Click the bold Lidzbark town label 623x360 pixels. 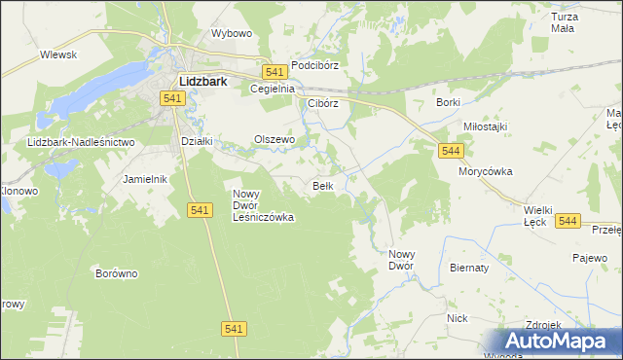pyautogui.click(x=202, y=83)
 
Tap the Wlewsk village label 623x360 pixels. pyautogui.click(x=58, y=55)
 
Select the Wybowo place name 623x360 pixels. pyautogui.click(x=232, y=33)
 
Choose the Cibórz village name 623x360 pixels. pyautogui.click(x=322, y=103)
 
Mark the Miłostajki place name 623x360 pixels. pyautogui.click(x=486, y=127)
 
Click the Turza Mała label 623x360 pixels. pyautogui.click(x=564, y=23)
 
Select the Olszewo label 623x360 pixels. pyautogui.click(x=274, y=140)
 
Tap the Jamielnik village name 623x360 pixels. pyautogui.click(x=146, y=180)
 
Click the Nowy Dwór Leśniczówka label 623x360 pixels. pyautogui.click(x=263, y=205)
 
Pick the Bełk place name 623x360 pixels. pyautogui.click(x=324, y=186)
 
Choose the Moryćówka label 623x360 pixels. pyautogui.click(x=486, y=171)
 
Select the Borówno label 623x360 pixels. pyautogui.click(x=117, y=273)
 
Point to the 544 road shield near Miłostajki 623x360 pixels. pyautogui.click(x=450, y=151)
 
